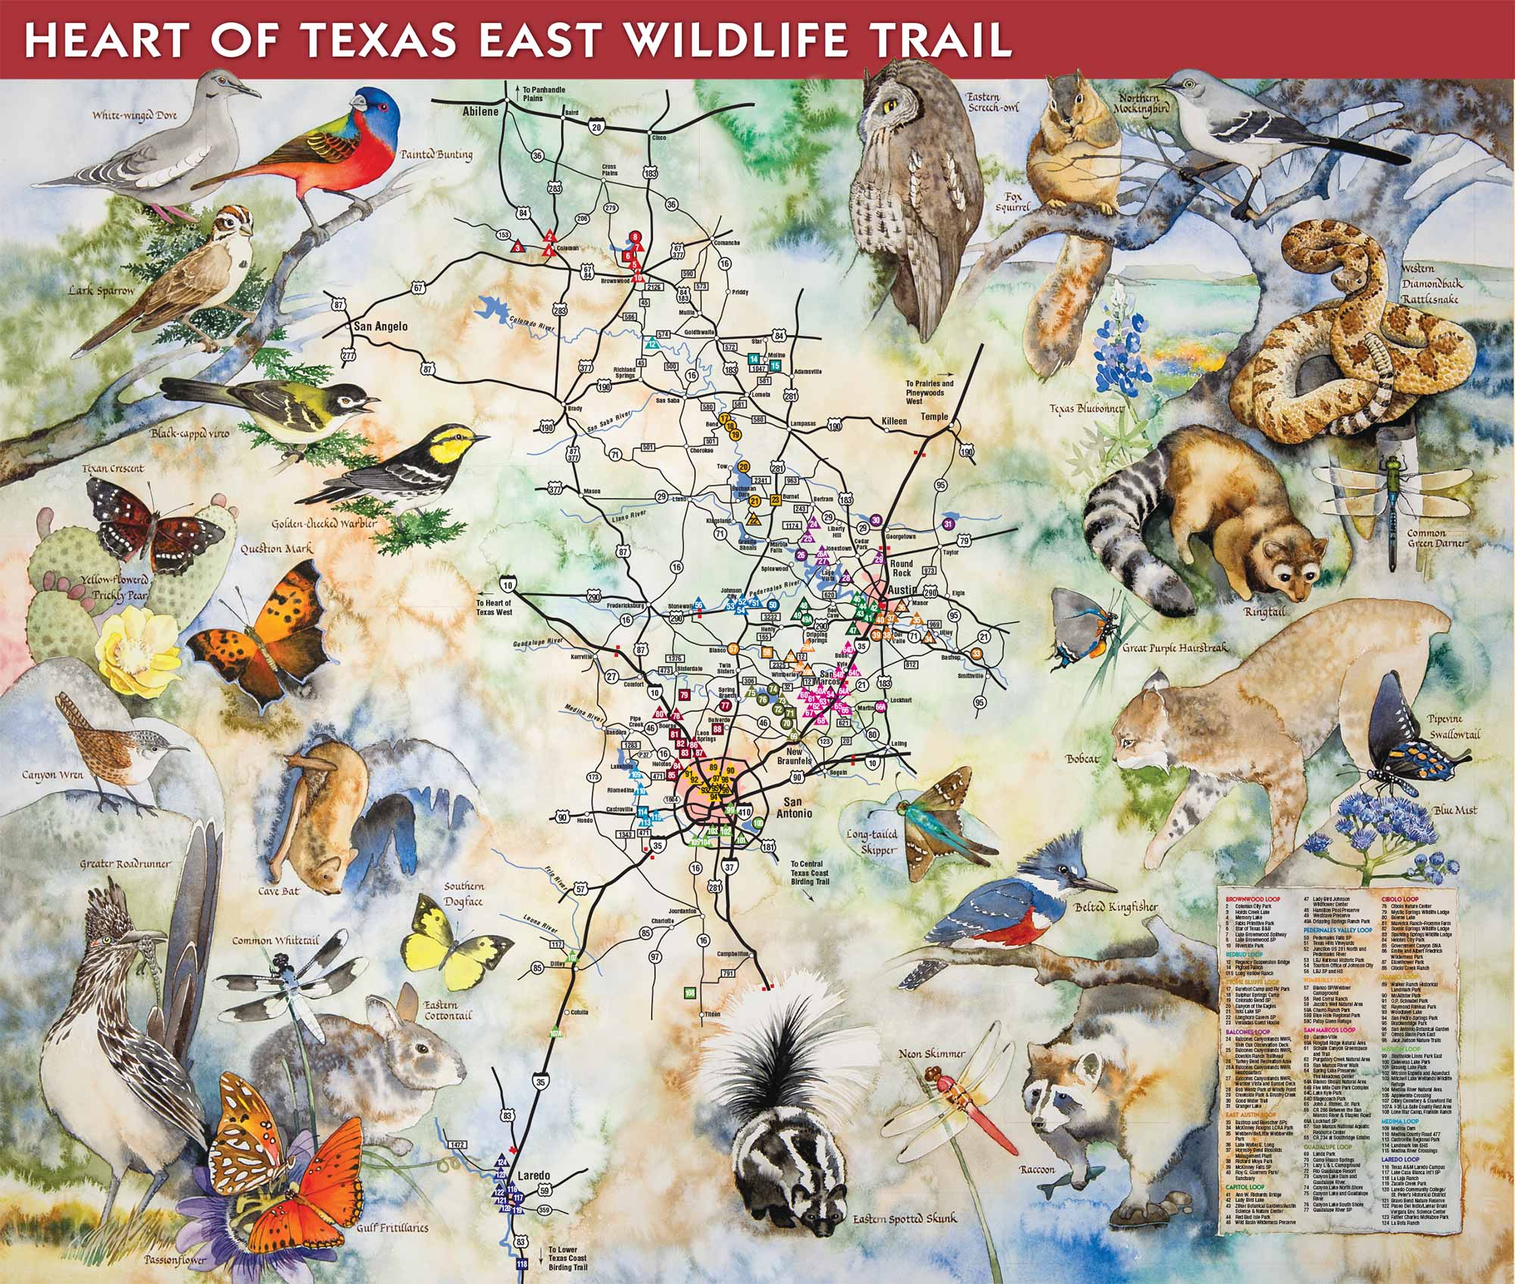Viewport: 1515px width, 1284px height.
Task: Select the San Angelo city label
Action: [381, 326]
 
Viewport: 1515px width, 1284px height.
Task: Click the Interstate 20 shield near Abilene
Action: [597, 130]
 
